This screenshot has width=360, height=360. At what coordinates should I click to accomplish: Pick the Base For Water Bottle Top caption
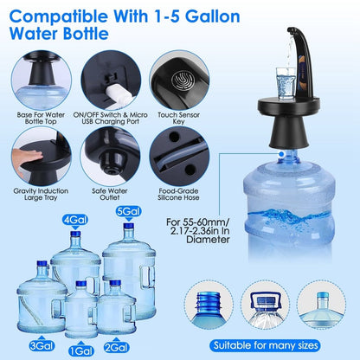41,118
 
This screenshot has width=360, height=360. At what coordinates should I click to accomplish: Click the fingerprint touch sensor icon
176,74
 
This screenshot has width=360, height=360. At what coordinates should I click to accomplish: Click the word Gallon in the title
222,16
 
